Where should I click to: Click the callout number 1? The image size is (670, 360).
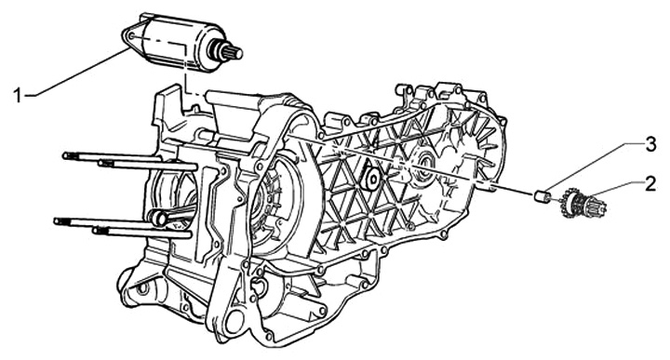[x=18, y=95]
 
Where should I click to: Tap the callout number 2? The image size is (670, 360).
[x=650, y=184]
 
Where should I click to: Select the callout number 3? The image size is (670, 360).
[x=650, y=145]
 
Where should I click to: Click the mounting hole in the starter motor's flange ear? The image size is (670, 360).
[x=130, y=36]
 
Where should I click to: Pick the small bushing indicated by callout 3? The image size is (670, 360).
[x=542, y=196]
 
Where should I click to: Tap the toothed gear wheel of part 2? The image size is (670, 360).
[x=569, y=203]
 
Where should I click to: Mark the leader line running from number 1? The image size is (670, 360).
[x=77, y=73]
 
